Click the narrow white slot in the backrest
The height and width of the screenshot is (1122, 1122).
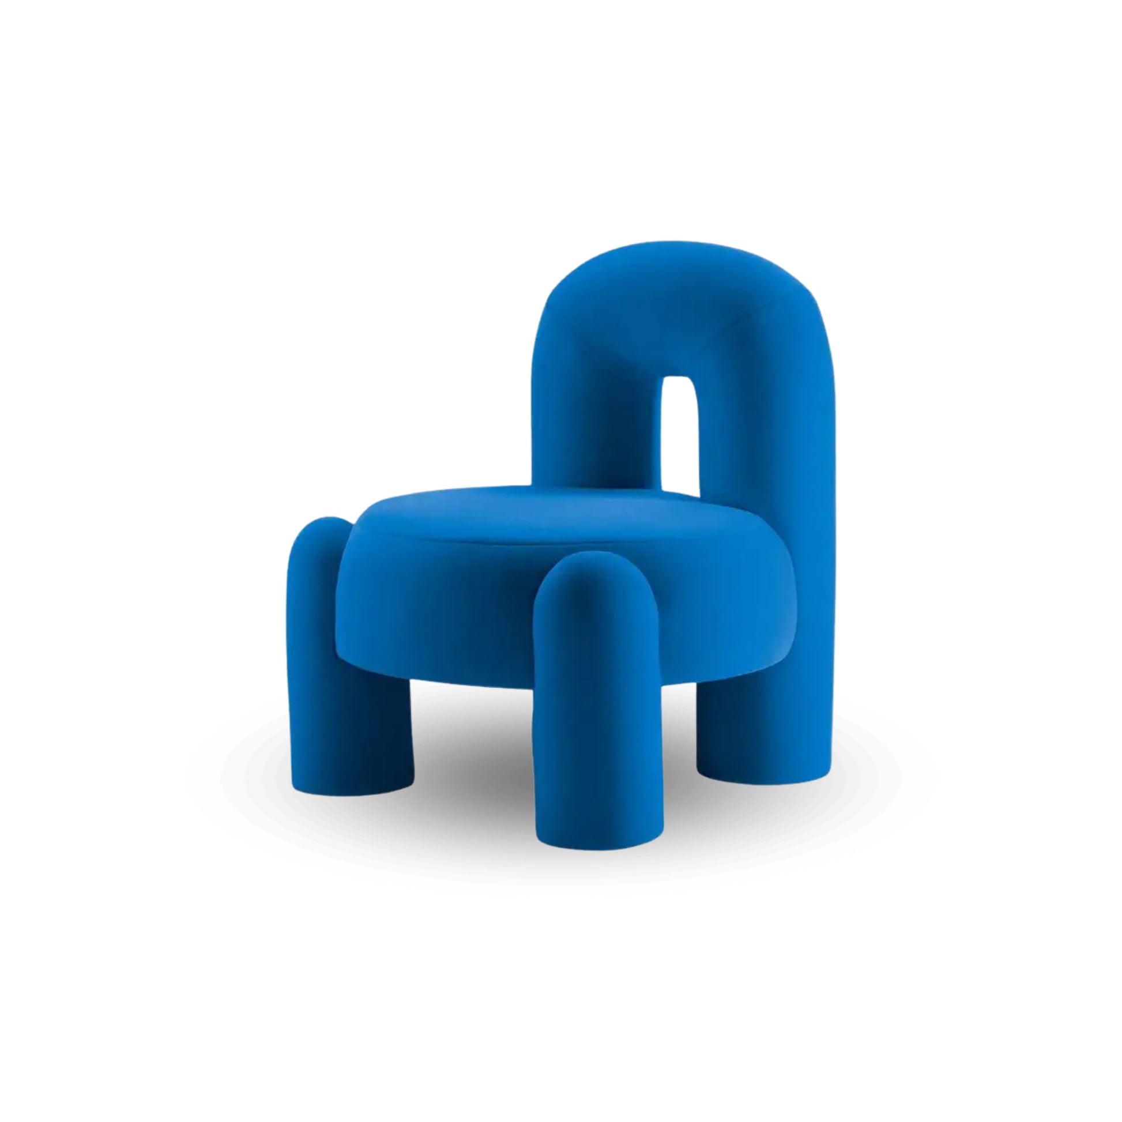680,430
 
